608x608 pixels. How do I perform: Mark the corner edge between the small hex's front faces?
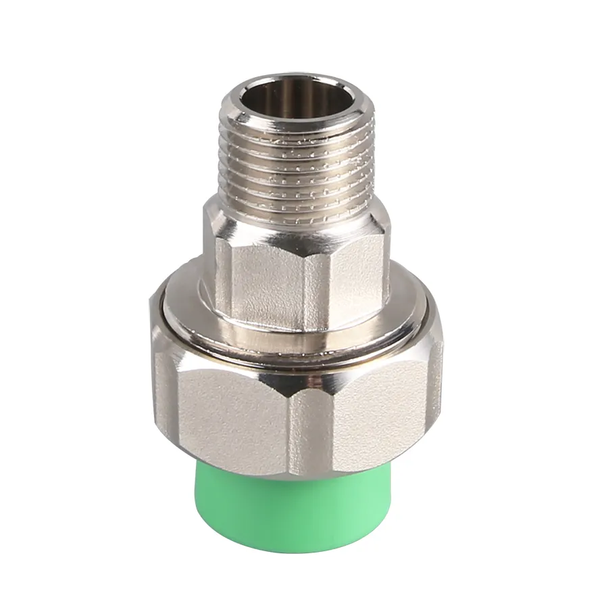[307, 284]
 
